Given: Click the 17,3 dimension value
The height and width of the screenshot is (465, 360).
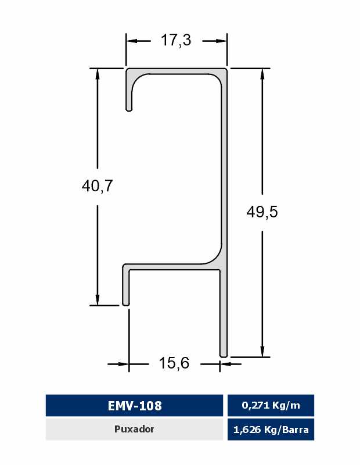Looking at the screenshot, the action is click(x=176, y=40).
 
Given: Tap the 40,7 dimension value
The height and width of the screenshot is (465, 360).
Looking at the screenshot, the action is click(x=97, y=186).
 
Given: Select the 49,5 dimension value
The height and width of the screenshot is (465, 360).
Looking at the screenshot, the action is click(x=262, y=212).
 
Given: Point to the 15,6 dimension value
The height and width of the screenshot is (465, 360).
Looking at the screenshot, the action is click(x=174, y=363).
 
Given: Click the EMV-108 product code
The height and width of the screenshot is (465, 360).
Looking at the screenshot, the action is click(x=135, y=405).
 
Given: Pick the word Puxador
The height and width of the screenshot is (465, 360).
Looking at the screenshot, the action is click(x=134, y=429).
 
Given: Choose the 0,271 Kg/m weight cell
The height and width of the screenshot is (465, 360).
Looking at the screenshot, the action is click(x=271, y=405).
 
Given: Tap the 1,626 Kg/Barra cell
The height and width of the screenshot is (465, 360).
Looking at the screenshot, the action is click(x=271, y=430).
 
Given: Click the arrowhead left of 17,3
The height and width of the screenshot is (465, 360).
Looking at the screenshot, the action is click(x=132, y=41).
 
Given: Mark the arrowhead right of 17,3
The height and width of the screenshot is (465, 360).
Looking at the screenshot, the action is click(x=221, y=41).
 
